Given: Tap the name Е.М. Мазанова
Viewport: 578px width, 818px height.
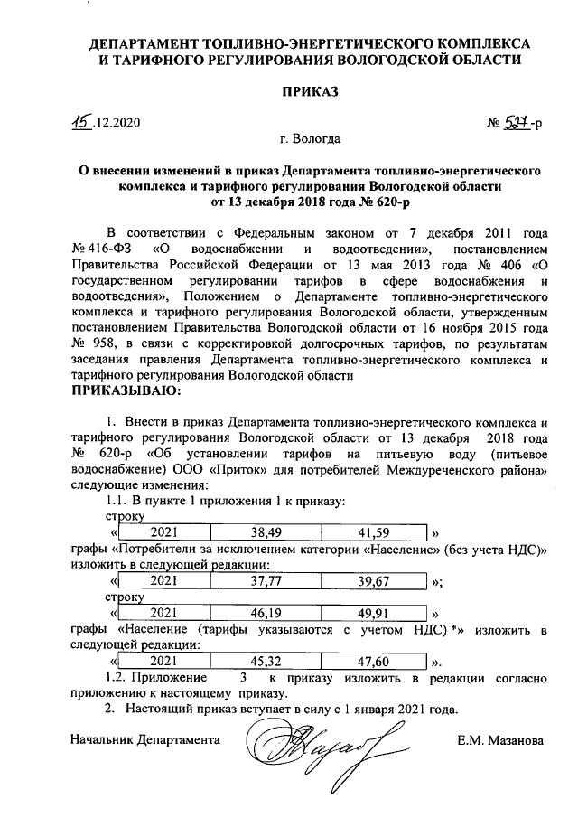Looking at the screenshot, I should [500, 740].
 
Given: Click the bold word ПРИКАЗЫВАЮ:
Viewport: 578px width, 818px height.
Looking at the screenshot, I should [126, 390].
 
